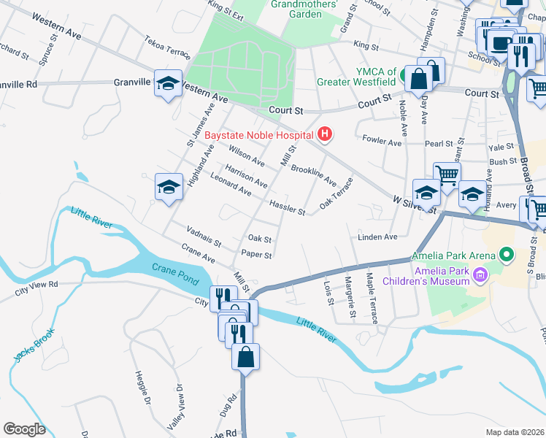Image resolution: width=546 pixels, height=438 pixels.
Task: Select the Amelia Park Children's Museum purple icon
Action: pos(480,274)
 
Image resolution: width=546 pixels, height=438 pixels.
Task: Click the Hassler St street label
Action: pos(287,208)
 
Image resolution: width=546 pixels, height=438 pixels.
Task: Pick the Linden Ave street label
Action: pos(377,237)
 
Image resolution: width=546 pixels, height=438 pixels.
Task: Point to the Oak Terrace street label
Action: pos(337,193)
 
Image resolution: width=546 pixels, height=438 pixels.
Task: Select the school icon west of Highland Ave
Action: pos(168,187)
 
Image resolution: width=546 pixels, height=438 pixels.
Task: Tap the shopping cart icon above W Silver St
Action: pos(447,174)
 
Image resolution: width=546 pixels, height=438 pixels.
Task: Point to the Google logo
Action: pos(25,429)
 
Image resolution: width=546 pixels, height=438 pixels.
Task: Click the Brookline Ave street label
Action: pos(313,174)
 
